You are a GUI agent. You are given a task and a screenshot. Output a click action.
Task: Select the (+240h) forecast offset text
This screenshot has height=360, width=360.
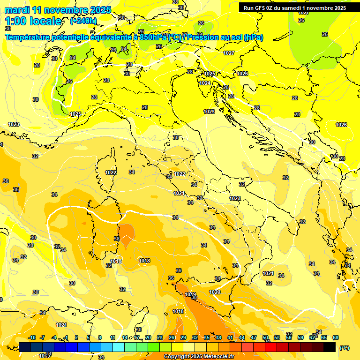click(x=83, y=21)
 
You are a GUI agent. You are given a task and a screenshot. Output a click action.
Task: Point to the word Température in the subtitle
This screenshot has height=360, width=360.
click(x=27, y=37)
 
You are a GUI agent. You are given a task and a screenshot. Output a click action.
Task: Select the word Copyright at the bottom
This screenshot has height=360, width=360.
click(x=177, y=357)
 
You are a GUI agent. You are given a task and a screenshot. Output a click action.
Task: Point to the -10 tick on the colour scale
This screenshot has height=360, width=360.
click(x=32, y=337)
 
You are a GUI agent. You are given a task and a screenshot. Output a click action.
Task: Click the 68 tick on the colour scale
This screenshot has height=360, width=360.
click(x=336, y=337)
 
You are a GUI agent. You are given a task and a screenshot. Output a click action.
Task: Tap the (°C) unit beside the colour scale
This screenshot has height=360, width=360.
click(x=344, y=348)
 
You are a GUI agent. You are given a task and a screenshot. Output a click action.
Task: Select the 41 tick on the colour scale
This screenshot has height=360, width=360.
click(x=230, y=337)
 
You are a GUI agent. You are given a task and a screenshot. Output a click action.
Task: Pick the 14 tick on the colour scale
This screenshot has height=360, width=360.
click(x=125, y=337)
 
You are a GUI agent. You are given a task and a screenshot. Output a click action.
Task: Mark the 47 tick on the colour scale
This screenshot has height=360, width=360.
click(x=254, y=337)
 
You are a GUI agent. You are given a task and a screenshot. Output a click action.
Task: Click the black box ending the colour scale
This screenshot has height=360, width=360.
click(x=330, y=347)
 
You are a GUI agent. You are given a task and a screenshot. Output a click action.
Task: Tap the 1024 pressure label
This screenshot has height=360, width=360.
click(x=205, y=83)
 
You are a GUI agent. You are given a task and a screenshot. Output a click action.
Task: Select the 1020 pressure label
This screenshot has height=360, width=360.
click(x=215, y=292)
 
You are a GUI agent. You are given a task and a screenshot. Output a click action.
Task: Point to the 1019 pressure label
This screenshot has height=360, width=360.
click(x=190, y=294)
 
